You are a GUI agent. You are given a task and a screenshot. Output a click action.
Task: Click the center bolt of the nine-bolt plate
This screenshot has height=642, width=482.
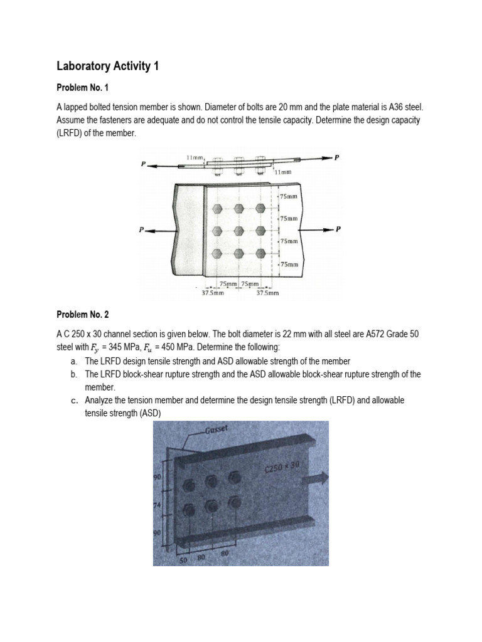[x=239, y=230]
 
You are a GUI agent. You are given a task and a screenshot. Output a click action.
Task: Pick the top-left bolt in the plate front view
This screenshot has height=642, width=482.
[x=217, y=208]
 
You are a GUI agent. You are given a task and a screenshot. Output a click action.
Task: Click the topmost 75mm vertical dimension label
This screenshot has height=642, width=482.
[x=289, y=196]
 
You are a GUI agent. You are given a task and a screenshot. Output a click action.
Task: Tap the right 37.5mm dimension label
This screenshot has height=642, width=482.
[x=268, y=293]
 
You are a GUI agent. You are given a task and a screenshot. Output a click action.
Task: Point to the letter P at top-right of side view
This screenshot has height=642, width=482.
[x=336, y=158]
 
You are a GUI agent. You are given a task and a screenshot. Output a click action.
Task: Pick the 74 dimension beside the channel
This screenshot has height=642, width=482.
[x=158, y=505]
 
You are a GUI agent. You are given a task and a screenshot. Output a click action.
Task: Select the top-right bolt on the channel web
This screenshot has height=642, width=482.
[x=234, y=477]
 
